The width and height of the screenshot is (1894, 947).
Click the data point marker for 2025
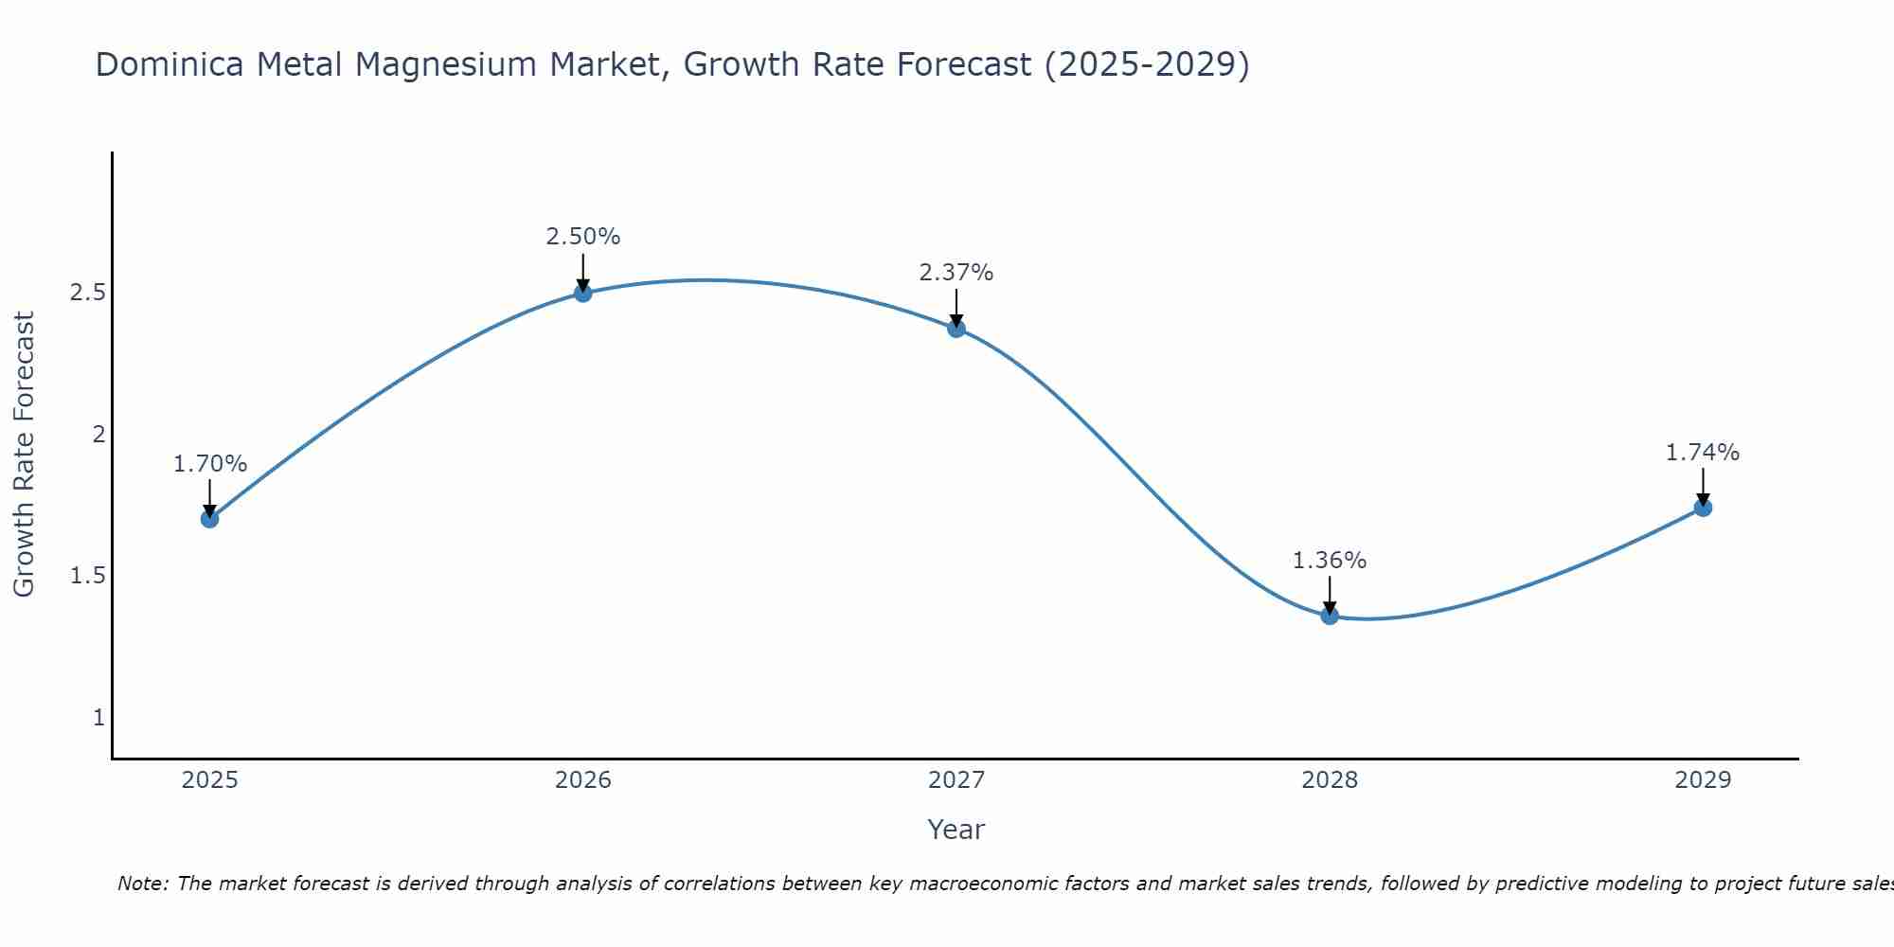point(210,519)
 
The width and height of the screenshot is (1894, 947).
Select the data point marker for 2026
point(583,294)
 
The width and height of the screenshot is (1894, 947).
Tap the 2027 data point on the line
point(956,329)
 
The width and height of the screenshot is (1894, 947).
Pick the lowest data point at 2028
point(1330,616)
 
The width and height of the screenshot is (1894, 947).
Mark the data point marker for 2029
point(1703,508)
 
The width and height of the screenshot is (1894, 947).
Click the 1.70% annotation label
point(210,464)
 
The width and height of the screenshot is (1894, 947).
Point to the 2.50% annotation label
point(583,237)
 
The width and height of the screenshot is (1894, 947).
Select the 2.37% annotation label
point(956,273)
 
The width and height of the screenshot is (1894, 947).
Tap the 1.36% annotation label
point(1330,561)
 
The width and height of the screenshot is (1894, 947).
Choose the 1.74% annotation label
point(1703,453)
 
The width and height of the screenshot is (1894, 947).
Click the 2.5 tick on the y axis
point(87,293)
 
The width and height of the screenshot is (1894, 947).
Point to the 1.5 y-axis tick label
point(87,576)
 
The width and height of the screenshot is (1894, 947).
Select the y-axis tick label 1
point(98,718)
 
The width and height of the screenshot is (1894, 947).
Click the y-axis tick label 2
point(98,435)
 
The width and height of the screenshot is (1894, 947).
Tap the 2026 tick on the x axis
point(583,780)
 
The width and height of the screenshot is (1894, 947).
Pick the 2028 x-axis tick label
point(1330,780)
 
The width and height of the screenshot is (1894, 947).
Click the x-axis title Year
point(956,830)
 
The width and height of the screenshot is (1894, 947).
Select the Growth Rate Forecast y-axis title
point(25,455)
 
